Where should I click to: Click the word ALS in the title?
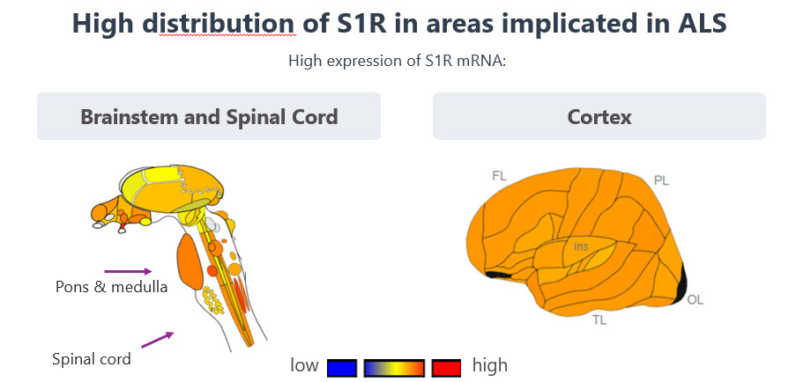point(697,24)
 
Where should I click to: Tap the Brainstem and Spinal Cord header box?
point(209,116)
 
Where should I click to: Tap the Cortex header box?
point(599,116)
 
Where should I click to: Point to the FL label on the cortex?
point(499,176)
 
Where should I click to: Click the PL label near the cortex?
point(662,180)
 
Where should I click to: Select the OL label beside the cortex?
point(696,300)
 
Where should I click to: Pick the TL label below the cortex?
point(599,320)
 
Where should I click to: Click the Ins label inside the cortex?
point(581,247)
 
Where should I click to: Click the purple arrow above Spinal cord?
point(156,338)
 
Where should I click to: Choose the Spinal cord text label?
point(92,358)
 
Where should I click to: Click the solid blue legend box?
point(341,366)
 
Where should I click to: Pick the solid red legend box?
point(447,366)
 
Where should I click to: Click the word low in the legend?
point(304,364)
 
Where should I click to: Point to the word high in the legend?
point(490,364)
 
